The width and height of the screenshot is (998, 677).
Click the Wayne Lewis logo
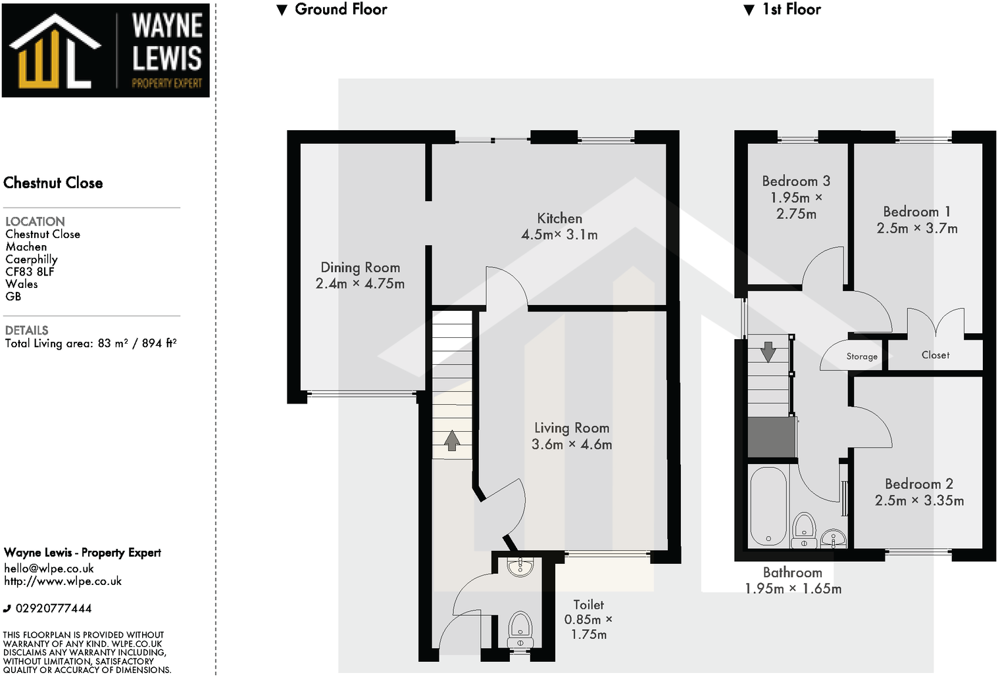pos(105,51)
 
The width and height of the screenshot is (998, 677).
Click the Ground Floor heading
pos(340,9)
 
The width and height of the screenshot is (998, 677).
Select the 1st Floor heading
pos(791,9)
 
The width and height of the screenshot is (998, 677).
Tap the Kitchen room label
pos(559,218)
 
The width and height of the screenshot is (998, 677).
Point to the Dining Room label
pos(360,268)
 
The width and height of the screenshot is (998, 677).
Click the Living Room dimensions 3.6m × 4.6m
pos(572,445)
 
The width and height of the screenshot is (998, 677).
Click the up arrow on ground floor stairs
pos(452,440)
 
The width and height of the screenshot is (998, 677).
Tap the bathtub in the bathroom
pos(768,506)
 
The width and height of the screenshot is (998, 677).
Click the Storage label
pos(862,356)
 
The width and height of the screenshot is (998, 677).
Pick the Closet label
pos(935,355)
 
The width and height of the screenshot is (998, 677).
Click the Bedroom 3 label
pos(796,181)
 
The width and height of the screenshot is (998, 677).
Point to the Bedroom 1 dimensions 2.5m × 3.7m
pos(917,229)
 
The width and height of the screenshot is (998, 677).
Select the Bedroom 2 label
pos(918,484)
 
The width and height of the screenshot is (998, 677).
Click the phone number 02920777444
pos(53,609)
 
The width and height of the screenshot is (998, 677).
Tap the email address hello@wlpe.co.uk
pos(49,569)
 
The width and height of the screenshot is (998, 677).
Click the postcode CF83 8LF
pos(30,271)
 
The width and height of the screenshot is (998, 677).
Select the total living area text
pos(91,343)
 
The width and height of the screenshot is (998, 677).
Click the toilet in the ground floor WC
pos(520,628)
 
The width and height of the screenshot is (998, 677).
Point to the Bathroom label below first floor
pos(792,572)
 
